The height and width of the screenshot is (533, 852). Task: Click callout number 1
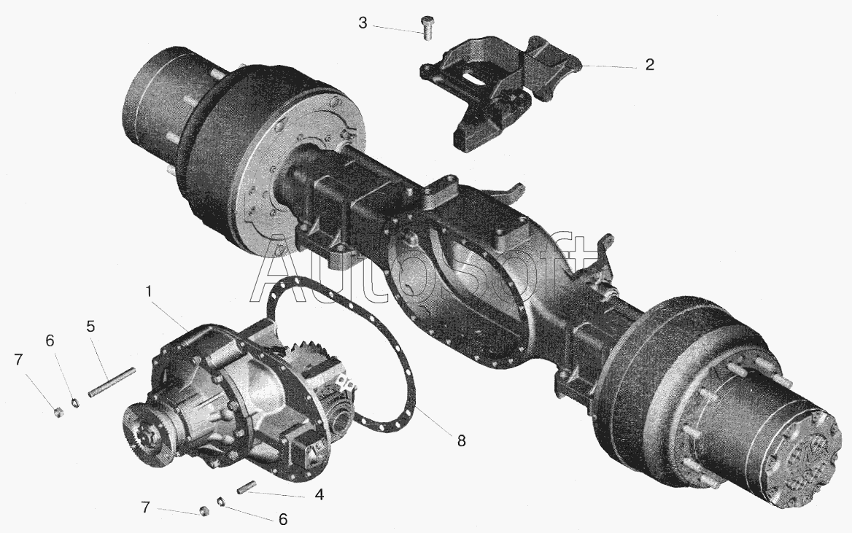[x=148, y=292]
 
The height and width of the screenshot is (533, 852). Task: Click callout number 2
[x=649, y=65]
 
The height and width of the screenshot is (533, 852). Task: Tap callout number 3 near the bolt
[x=363, y=23]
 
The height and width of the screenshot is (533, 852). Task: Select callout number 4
[x=319, y=494]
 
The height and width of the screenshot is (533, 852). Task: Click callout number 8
[x=461, y=440]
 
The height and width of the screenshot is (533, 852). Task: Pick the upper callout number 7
[x=19, y=359]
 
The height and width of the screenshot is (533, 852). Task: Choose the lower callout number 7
[x=145, y=507]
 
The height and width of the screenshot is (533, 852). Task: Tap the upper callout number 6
[x=50, y=341]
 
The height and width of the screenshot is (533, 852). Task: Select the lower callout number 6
[x=282, y=519]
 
